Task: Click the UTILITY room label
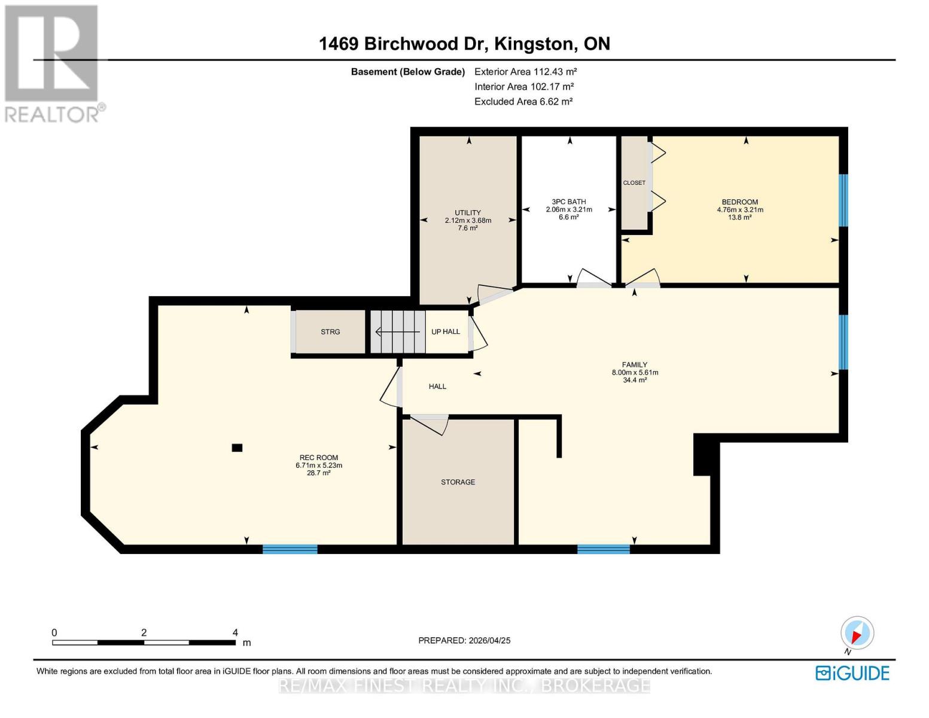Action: point(468,212)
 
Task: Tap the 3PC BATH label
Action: point(569,202)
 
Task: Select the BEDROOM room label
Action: point(739,202)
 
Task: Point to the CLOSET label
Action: point(634,182)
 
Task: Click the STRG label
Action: point(330,332)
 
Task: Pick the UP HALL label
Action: point(446,331)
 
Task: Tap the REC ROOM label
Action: point(318,458)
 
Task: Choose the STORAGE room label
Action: point(458,482)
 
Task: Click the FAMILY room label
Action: point(635,365)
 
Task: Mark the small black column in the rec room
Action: point(237,448)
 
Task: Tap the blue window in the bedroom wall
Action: point(843,200)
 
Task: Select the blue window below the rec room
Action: point(290,549)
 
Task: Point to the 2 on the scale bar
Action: point(144,632)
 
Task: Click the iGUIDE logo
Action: point(852,673)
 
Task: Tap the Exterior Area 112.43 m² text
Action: point(525,71)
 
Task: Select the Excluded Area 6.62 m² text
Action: point(523,101)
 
